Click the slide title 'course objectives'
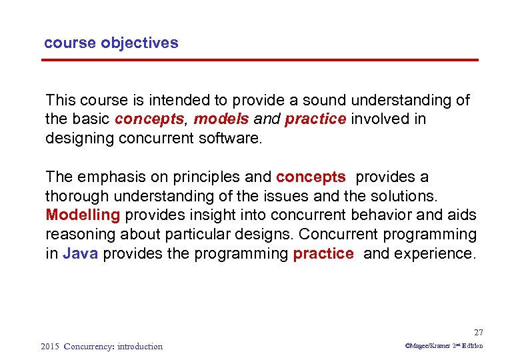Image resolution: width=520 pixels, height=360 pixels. pos(111,43)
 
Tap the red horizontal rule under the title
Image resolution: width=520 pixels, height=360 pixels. pos(260,61)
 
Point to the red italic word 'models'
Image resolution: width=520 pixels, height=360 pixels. pos(221,119)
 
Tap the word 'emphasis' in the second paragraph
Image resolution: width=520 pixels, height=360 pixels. pos(105,177)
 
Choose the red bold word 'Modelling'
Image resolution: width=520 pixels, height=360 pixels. pos(83,215)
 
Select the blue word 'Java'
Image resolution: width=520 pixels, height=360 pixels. pos(80,254)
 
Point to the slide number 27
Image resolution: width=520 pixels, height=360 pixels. pos(478,332)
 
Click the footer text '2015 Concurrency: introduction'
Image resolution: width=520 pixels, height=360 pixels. pos(101,346)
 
